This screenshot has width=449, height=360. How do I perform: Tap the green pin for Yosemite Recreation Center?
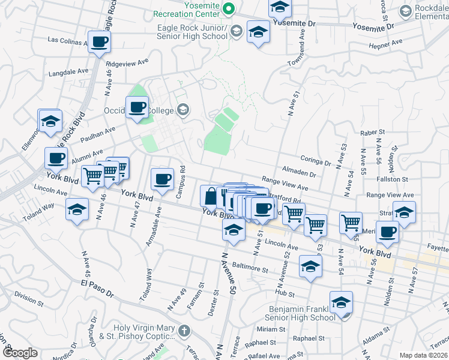click(228, 9)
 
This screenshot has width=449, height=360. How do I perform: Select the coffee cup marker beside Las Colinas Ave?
click(100, 42)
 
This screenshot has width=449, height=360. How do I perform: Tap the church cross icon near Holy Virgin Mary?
click(184, 330)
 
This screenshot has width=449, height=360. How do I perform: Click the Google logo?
click(20, 353)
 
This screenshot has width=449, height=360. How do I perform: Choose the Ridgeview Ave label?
click(127, 62)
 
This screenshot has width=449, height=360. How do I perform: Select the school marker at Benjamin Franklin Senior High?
click(341, 302)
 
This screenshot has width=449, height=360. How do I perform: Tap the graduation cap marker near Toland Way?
click(77, 211)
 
